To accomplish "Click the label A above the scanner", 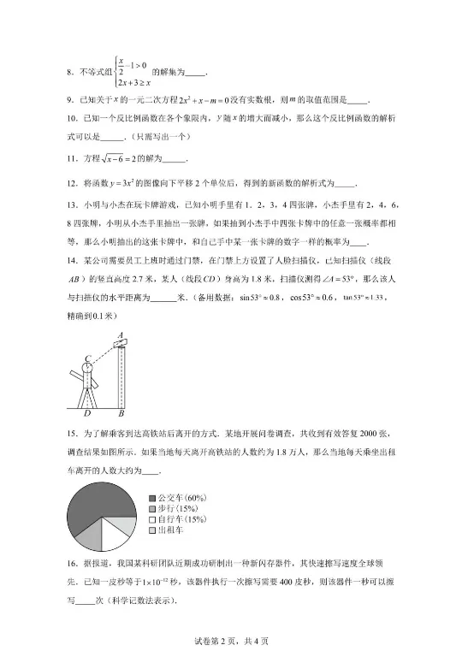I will (x=121, y=334).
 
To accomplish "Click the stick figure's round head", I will (x=88, y=369).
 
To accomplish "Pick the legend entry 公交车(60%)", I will (x=183, y=497).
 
